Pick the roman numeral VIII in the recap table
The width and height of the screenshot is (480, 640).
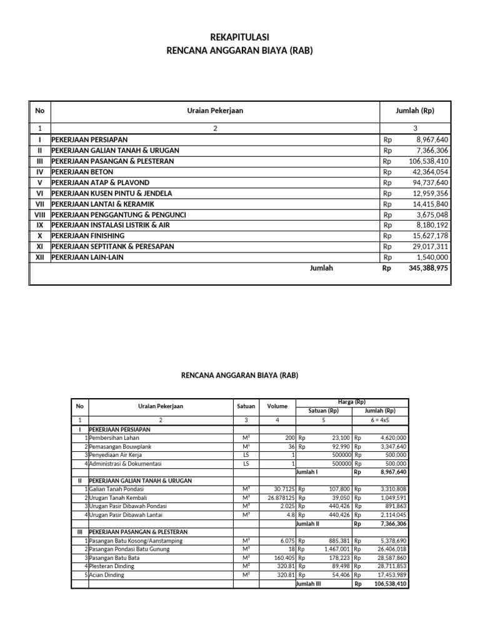pos(39,214)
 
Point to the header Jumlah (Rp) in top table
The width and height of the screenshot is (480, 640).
pos(415,111)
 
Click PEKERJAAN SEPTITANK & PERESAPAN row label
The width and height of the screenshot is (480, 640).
pos(112,246)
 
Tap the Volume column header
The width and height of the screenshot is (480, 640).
pos(277,406)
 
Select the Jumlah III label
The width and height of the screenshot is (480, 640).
pos(307,584)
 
